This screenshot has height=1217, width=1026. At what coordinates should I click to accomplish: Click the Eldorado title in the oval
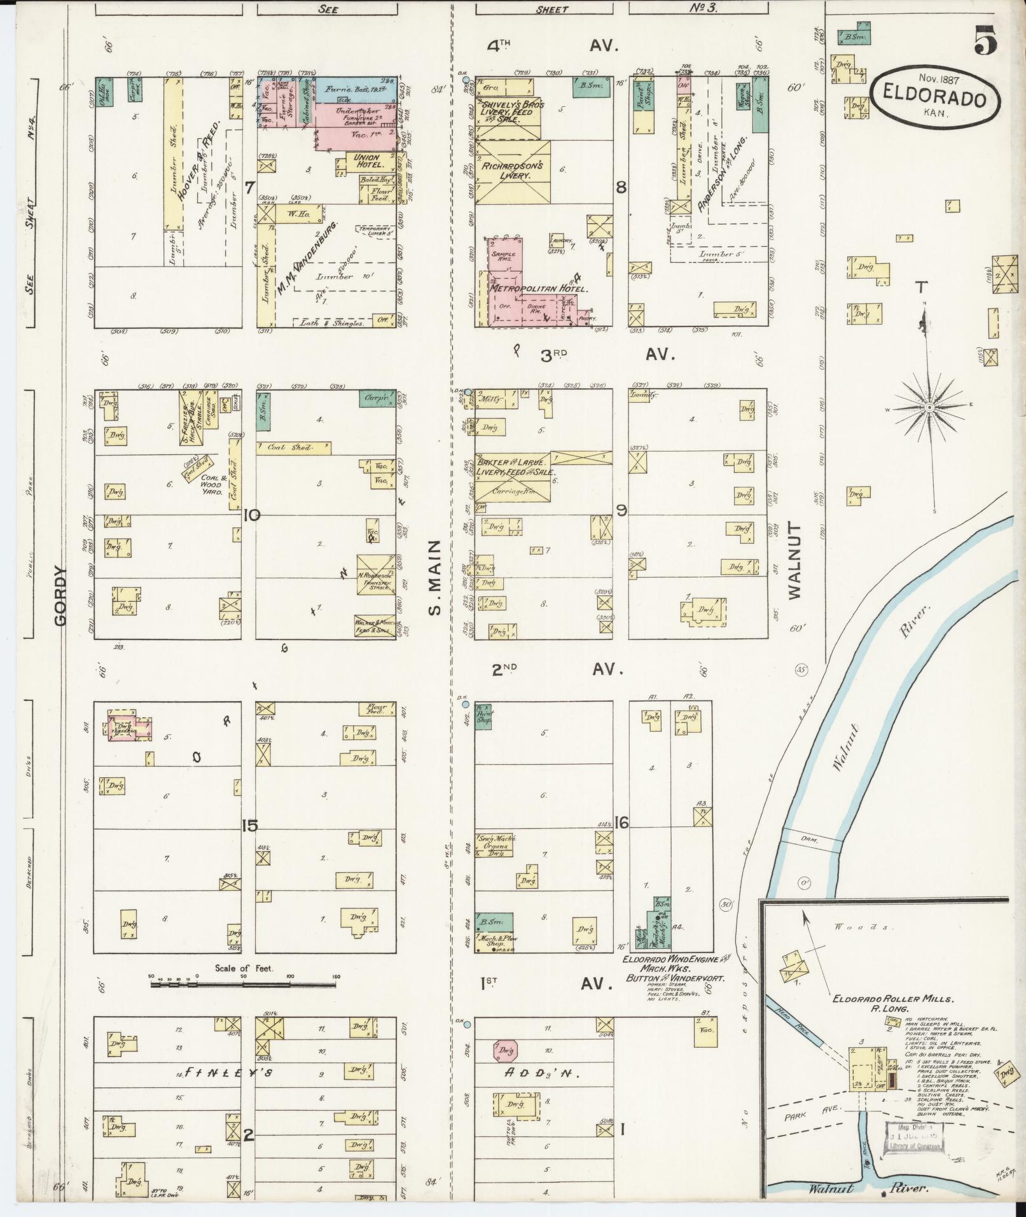coord(935,99)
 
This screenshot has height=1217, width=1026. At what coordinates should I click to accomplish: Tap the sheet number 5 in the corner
coord(984,40)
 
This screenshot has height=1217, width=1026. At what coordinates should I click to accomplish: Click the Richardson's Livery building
coord(513,170)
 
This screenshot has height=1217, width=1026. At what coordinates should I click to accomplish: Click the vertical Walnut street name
coord(795,561)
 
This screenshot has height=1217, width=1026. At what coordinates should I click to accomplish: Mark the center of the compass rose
coord(929,407)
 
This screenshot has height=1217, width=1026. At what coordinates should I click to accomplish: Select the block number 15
coord(249,826)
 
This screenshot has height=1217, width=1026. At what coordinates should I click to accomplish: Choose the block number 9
coord(621,510)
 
